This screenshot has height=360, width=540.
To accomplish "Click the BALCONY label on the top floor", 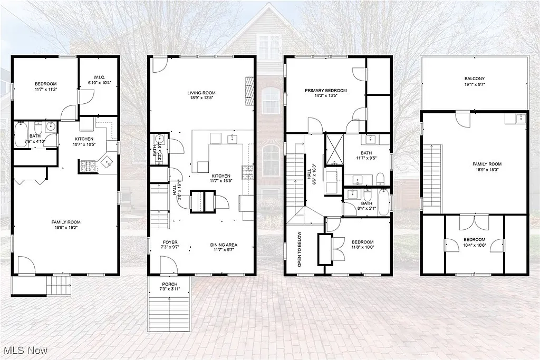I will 474,79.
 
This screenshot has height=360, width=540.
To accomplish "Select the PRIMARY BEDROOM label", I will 325,90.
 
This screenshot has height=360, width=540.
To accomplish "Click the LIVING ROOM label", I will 201,92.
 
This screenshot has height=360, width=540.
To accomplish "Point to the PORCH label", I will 169,284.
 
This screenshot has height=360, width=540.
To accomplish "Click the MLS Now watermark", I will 25,350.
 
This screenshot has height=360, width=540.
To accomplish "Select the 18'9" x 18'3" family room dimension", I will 486,170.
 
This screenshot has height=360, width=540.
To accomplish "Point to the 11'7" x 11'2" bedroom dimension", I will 46,90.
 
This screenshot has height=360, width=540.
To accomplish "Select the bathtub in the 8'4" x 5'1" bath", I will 383,205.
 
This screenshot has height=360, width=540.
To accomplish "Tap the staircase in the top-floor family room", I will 432,177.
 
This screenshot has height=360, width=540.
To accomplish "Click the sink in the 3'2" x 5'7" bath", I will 160,140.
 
